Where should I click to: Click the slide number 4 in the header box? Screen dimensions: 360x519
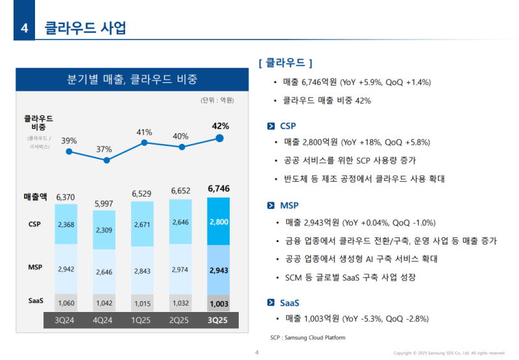point(24,28)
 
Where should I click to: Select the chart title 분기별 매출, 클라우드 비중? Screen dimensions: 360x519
point(132,80)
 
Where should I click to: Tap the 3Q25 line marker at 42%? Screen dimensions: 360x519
point(220,138)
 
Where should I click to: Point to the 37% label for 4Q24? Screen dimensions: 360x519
point(104,150)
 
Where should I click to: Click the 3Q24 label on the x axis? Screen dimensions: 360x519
point(66,320)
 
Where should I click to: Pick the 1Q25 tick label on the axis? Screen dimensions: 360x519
point(143,320)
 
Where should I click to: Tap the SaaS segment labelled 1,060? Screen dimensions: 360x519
point(66,302)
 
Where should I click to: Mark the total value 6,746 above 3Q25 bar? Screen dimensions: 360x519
point(219,189)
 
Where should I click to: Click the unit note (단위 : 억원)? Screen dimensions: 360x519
point(217,100)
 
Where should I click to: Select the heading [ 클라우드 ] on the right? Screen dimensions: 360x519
point(285,63)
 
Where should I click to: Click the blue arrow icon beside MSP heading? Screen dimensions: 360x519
point(271,206)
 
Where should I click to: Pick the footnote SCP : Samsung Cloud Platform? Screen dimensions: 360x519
point(308,338)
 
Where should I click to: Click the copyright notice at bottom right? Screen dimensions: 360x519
point(449,353)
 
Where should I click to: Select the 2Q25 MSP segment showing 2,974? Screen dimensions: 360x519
point(181,269)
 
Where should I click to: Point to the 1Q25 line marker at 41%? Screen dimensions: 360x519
point(143,143)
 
